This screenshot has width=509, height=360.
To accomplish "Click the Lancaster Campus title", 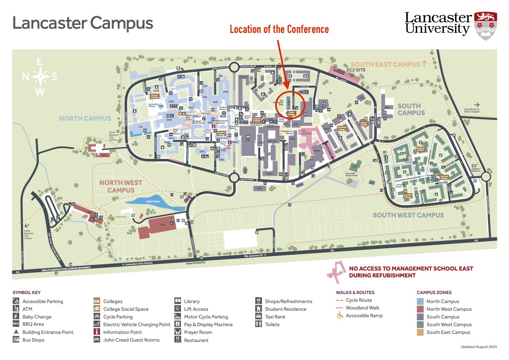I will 83,23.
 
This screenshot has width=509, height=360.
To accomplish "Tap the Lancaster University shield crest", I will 485,26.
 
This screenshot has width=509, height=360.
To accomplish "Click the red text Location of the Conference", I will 279,30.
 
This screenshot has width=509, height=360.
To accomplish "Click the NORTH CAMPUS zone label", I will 85,119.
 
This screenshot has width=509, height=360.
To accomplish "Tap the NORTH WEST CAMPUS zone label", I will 121,186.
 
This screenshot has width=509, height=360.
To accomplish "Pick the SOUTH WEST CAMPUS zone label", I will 408,215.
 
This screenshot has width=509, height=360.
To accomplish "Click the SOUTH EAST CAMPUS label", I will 385,64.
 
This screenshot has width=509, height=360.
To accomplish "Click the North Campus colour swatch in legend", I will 420,301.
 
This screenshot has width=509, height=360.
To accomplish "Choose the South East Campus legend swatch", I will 420,332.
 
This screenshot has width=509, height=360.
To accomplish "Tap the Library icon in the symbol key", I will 178,301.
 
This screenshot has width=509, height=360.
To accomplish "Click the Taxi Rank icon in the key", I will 259,317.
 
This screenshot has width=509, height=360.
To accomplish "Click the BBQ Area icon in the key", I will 16,324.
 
